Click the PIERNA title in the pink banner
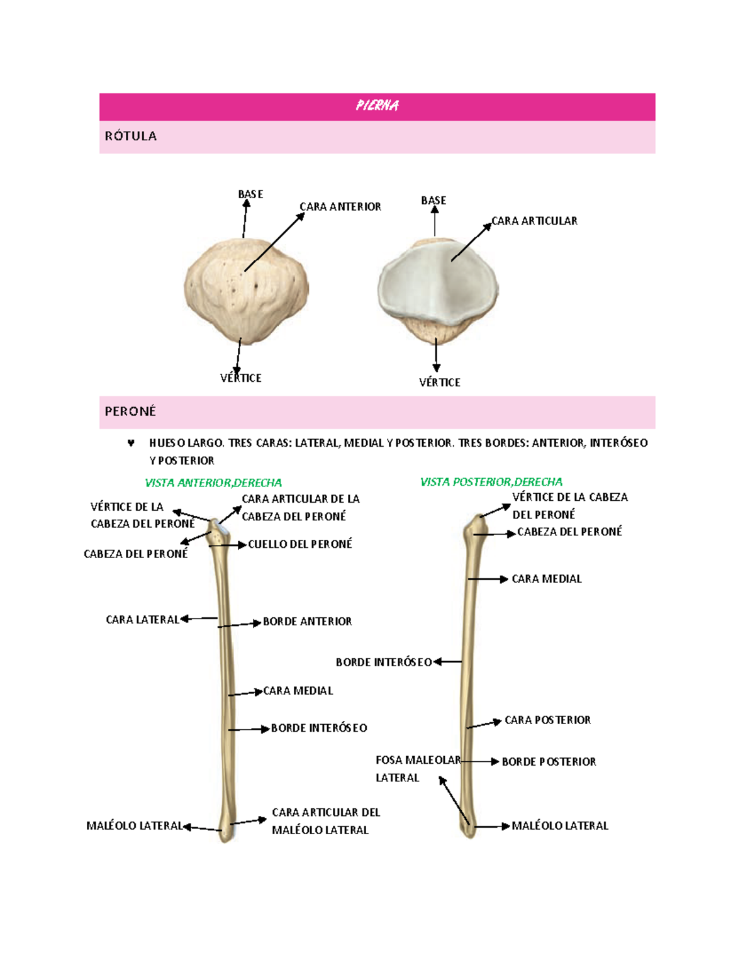coord(377,106)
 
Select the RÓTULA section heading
coord(131,136)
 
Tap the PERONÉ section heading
coord(130,411)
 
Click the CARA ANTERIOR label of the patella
coord(340,206)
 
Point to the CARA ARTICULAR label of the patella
coord(534,221)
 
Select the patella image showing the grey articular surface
coord(438,290)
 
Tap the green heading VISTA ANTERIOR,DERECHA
coord(213,483)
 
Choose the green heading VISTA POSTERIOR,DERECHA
coord(491,482)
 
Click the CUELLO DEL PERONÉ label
coord(299,544)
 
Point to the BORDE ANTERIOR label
coord(307,622)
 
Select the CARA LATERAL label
coord(142,620)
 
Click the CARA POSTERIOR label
coord(547,720)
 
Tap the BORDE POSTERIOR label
coord(549,762)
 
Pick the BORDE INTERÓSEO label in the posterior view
coord(383,662)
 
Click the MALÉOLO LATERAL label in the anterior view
coord(134,826)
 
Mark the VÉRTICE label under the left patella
coord(240,378)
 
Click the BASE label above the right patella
coord(433,201)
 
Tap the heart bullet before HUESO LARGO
coord(131,443)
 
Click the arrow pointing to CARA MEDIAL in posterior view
coord(488,579)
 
